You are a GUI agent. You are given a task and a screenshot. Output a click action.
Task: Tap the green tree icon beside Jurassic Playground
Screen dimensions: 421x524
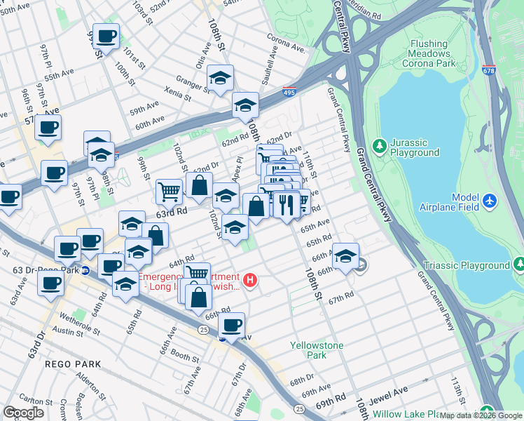coord(380,146)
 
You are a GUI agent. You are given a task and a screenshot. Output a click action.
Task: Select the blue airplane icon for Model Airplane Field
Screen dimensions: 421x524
coord(489,202)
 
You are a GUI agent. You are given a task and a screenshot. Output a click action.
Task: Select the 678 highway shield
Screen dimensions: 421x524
coord(489,71)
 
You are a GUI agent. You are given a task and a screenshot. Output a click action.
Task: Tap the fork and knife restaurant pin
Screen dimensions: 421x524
coord(286,204)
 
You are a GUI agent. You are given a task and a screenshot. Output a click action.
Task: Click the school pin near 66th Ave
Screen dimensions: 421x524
coord(345,256)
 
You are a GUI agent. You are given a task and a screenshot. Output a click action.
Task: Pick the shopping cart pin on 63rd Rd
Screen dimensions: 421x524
coord(169,190)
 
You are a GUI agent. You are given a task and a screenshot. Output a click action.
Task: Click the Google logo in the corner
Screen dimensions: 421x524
coord(24,413)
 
